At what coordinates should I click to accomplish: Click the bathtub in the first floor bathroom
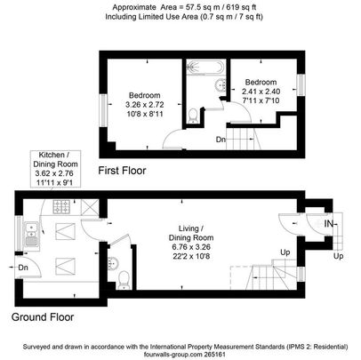click(204, 66)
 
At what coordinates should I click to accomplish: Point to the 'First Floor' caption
click(122, 170)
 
